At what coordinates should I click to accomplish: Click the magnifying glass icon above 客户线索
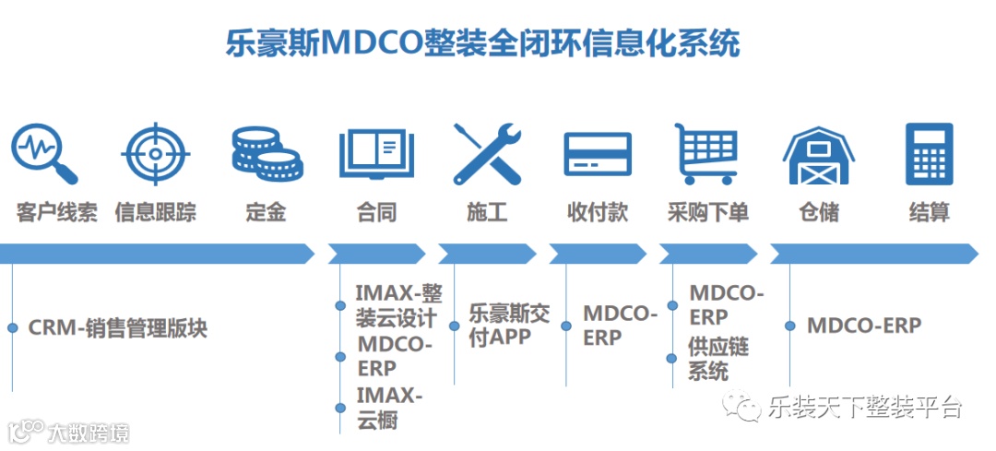tap(43, 152)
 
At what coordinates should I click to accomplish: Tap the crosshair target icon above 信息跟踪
tap(155, 152)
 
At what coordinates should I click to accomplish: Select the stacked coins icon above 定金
tap(265, 153)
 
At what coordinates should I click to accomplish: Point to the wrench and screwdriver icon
tap(487, 153)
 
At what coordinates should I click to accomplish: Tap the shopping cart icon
tap(707, 153)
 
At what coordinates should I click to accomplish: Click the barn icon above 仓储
tap(818, 154)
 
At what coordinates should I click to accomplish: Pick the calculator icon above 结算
tap(928, 153)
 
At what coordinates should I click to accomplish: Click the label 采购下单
tap(707, 212)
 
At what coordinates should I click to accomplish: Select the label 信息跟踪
tap(155, 212)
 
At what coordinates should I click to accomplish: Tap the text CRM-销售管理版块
tap(118, 327)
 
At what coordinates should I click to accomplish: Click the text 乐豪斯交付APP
tap(509, 325)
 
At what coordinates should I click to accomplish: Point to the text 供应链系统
tap(718, 360)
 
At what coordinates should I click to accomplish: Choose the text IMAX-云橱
tap(388, 408)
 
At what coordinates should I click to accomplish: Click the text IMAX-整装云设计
tap(397, 306)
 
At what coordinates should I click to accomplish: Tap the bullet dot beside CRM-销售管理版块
tap(13, 327)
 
